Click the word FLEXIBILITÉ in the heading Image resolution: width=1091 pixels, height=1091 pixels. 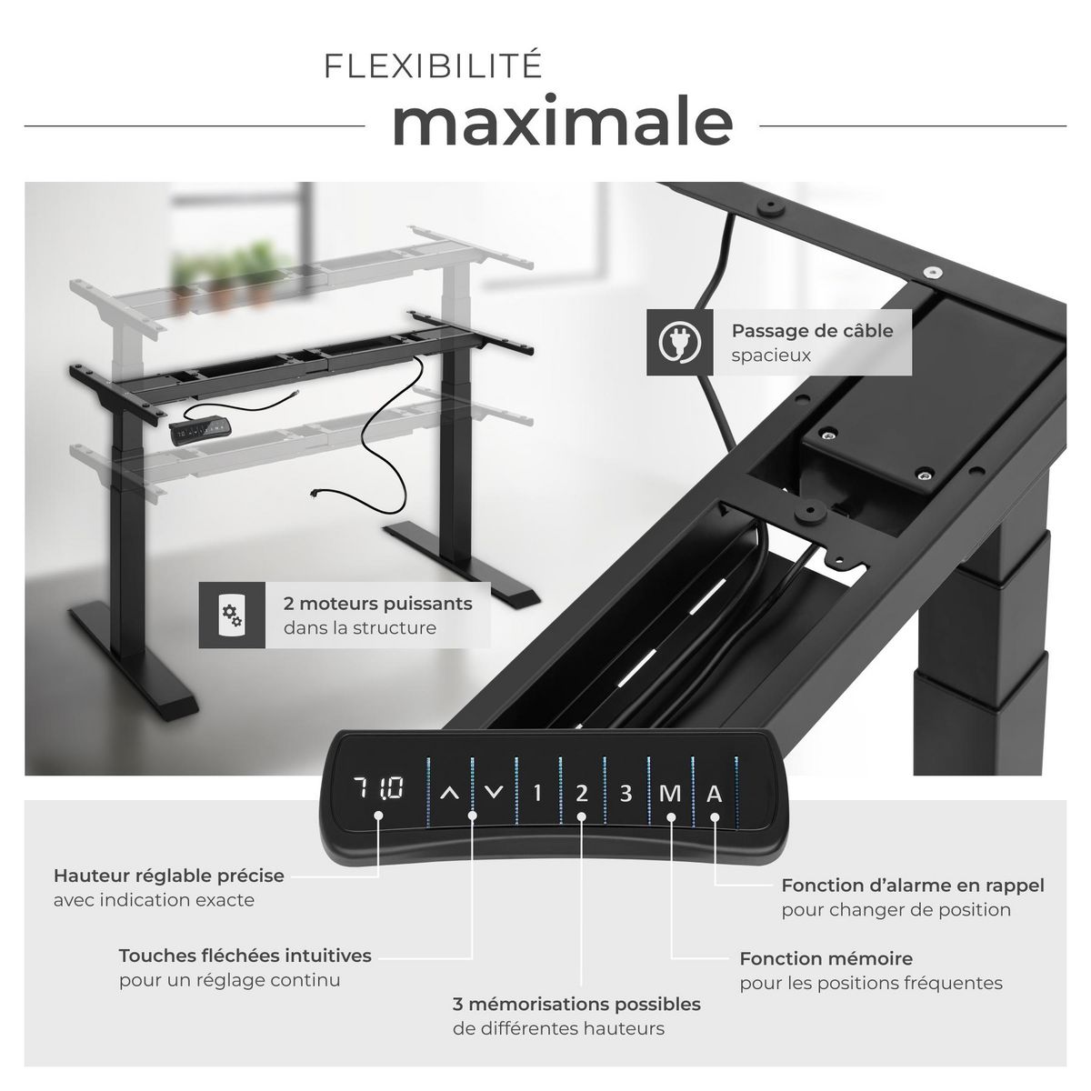tap(433, 65)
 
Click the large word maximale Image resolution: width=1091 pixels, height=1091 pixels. tap(562, 121)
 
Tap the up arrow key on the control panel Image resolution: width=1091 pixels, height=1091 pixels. tap(450, 793)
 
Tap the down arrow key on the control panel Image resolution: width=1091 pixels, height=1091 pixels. tap(495, 793)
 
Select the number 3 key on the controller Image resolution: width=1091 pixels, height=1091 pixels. tap(626, 793)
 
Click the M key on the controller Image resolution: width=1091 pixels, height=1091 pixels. tap(670, 793)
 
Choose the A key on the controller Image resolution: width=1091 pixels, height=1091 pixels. tap(715, 793)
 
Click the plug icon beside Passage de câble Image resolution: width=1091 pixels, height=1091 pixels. tap(679, 342)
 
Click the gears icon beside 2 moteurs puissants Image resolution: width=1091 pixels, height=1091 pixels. tap(232, 615)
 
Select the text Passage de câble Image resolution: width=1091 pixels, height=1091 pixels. tap(812, 331)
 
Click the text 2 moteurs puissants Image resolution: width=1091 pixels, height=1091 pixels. tap(377, 604)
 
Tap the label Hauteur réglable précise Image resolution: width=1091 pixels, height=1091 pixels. tap(169, 876)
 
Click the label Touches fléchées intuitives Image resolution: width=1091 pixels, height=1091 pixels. tap(245, 956)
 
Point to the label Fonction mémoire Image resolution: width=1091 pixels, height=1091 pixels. tap(826, 958)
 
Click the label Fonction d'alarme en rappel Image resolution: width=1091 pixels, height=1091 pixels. tap(913, 886)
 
